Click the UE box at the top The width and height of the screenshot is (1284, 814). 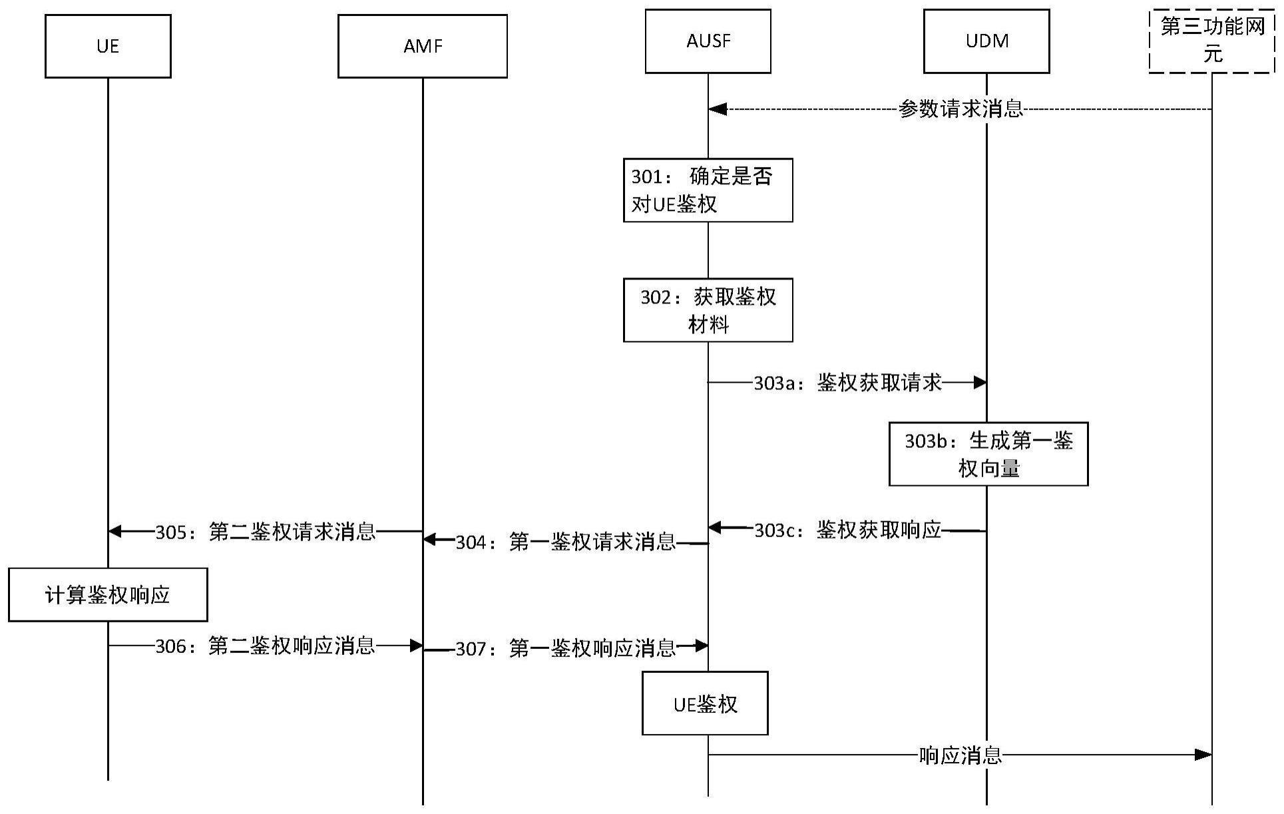[108, 47]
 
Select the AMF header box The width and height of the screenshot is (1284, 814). [422, 47]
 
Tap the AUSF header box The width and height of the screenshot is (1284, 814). [708, 41]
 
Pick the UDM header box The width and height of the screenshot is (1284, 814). [986, 41]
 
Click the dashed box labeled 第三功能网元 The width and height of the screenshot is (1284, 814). [1211, 41]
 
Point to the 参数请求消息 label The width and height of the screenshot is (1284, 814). [960, 109]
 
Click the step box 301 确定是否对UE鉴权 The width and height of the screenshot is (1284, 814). [708, 190]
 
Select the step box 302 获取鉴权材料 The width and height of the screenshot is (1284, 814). [708, 310]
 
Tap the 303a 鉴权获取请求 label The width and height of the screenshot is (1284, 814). [847, 383]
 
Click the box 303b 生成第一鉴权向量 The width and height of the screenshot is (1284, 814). [988, 454]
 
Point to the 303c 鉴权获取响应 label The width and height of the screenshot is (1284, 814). [847, 530]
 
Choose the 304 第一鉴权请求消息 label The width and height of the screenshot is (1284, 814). [565, 542]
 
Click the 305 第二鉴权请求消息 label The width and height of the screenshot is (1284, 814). [266, 532]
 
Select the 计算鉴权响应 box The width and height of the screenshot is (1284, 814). [108, 595]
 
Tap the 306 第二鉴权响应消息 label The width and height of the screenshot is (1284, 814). [265, 646]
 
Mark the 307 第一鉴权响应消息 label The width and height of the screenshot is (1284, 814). [565, 648]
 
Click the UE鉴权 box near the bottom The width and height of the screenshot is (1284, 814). [705, 704]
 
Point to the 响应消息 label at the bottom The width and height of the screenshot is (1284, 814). [960, 755]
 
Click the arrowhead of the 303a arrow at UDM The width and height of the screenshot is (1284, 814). [979, 383]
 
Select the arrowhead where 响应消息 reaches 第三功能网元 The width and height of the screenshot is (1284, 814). [1203, 755]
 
